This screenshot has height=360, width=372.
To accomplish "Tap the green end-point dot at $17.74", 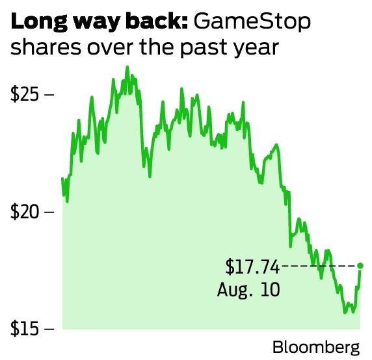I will pyautogui.click(x=360, y=266).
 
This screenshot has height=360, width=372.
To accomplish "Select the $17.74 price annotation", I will pyautogui.click(x=252, y=266).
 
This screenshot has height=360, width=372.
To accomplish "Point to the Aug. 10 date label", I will pyautogui.click(x=249, y=288).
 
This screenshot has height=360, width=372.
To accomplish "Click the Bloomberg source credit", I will pyautogui.click(x=315, y=347).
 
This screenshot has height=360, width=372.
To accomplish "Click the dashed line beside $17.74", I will pyautogui.click(x=319, y=266).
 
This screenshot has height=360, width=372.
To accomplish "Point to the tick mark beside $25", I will pyautogui.click(x=48, y=94).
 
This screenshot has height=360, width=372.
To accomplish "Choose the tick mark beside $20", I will pyautogui.click(x=48, y=212).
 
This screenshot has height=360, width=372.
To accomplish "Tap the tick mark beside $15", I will pyautogui.click(x=48, y=329).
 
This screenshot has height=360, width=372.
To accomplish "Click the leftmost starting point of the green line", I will pyautogui.click(x=62, y=179).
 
